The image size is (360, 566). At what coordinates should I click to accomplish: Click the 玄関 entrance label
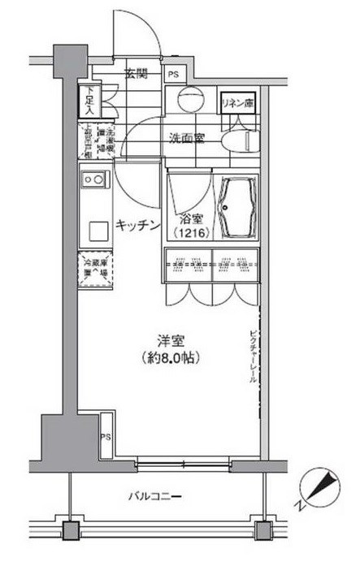pyautogui.click(x=136, y=75)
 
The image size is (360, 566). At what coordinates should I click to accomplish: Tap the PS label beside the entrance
pyautogui.click(x=173, y=76)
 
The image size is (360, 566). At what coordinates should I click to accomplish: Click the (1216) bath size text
pyautogui.click(x=190, y=234)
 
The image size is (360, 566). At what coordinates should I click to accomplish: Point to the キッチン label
pyautogui.click(x=137, y=226)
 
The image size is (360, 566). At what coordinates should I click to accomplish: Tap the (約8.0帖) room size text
pyautogui.click(x=169, y=357)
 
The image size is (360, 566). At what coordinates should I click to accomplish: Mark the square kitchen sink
pyautogui.click(x=97, y=230)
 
